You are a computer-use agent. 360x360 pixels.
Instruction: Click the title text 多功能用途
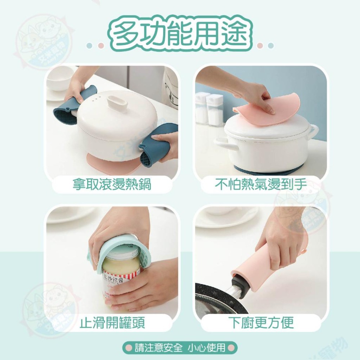click(180, 35)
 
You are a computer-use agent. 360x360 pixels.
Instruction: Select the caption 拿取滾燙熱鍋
click(112, 185)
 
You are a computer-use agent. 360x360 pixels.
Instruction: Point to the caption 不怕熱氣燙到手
click(261, 185)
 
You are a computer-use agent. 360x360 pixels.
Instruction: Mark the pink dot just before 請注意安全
click(128, 348)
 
